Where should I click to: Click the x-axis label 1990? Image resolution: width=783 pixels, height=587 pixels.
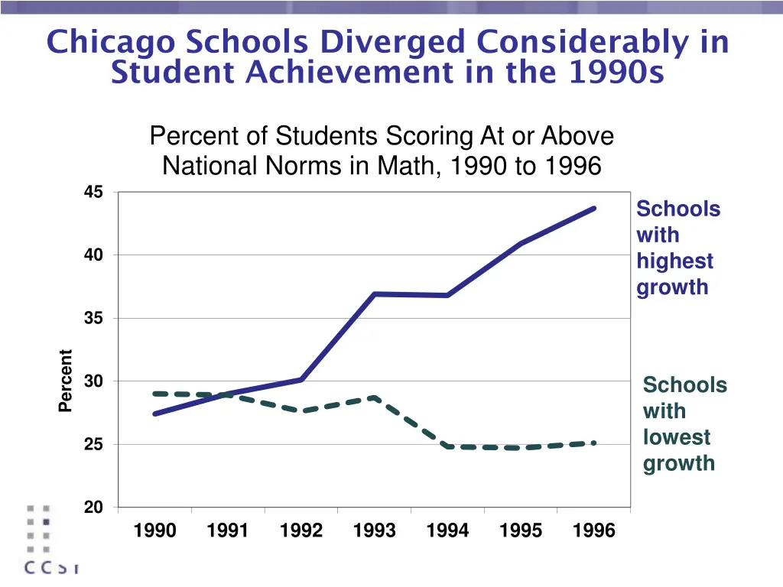[154, 530]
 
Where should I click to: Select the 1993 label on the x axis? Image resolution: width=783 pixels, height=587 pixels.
[374, 530]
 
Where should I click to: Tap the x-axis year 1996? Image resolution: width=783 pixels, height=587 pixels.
[593, 530]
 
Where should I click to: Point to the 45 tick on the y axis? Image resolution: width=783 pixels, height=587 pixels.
[93, 192]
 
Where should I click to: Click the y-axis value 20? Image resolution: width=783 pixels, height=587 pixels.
[93, 508]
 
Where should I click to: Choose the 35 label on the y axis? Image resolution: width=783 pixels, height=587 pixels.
[93, 318]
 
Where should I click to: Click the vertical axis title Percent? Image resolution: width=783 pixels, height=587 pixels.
[66, 381]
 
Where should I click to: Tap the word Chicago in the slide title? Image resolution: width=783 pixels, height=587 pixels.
[109, 42]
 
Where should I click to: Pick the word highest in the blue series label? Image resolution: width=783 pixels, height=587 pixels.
[674, 261]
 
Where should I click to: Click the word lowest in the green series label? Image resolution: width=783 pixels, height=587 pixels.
[677, 437]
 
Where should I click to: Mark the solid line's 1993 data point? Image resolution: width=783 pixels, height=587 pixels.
[375, 293]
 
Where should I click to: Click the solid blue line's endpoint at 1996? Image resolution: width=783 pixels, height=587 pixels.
[593, 208]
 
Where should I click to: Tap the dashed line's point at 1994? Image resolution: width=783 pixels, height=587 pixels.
[447, 446]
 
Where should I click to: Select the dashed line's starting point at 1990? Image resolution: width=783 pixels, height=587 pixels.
[155, 394]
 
